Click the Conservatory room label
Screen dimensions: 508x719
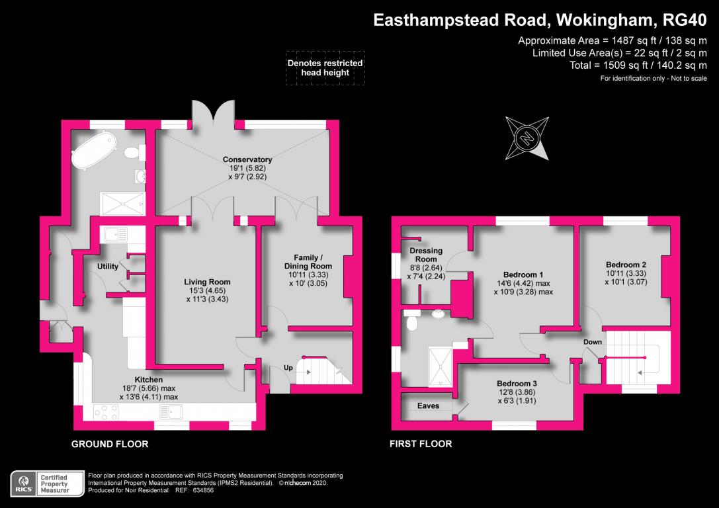click(x=247, y=159)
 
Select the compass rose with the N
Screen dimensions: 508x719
click(x=527, y=138)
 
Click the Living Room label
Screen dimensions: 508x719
click(x=207, y=282)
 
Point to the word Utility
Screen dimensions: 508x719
click(x=108, y=267)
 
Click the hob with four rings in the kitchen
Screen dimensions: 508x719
click(x=106, y=412)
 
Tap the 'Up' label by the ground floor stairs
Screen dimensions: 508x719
click(x=288, y=367)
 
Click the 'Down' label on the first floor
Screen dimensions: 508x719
click(x=592, y=342)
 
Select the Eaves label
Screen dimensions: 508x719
click(x=427, y=405)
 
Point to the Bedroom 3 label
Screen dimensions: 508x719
click(x=517, y=383)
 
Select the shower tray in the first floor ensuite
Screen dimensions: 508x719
click(x=440, y=366)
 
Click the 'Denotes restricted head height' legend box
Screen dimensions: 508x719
click(x=325, y=68)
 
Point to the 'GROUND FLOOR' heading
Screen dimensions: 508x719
click(x=110, y=444)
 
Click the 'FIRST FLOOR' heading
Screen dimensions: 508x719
click(x=421, y=444)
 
